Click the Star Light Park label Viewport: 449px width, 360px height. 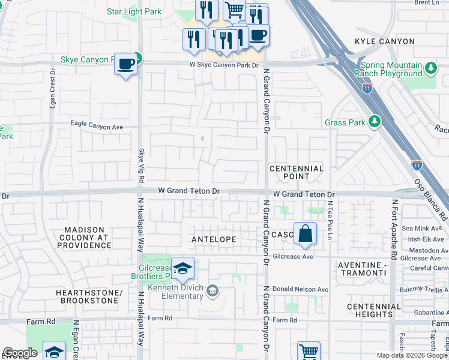(134, 11)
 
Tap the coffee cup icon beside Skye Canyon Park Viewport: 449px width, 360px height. (125, 64)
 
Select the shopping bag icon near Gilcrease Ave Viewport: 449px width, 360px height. (305, 233)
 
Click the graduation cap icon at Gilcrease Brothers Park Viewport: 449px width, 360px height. (182, 269)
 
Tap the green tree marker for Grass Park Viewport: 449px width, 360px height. (375, 122)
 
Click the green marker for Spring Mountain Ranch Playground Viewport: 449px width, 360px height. (430, 68)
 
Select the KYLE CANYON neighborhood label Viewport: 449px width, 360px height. (385, 41)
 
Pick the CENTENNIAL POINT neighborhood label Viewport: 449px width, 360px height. (297, 173)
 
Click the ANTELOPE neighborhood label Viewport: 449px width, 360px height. (215, 239)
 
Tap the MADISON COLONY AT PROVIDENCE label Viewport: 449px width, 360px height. (79, 238)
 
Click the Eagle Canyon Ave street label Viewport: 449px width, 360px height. (97, 127)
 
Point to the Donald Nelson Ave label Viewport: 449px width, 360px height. (301, 289)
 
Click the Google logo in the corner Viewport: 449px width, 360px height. (20, 353)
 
